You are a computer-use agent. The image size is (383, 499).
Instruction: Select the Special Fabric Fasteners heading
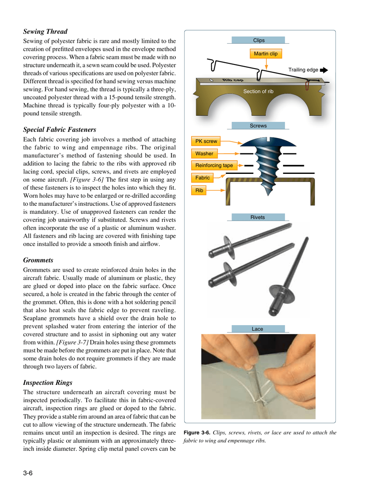click(x=59, y=129)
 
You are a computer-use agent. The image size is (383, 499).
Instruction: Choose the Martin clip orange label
click(x=265, y=53)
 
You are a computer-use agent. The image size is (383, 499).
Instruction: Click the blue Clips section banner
click(x=258, y=40)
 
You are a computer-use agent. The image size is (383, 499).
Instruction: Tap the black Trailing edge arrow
click(x=323, y=70)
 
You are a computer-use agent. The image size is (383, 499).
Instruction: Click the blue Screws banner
click(x=258, y=126)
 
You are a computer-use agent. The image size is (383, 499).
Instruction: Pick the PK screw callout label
click(x=206, y=142)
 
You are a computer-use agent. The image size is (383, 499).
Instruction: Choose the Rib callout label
click(x=199, y=189)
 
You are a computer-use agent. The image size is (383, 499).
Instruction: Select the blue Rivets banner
click(x=258, y=217)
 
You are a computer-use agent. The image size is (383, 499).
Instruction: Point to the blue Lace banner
click(x=258, y=329)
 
